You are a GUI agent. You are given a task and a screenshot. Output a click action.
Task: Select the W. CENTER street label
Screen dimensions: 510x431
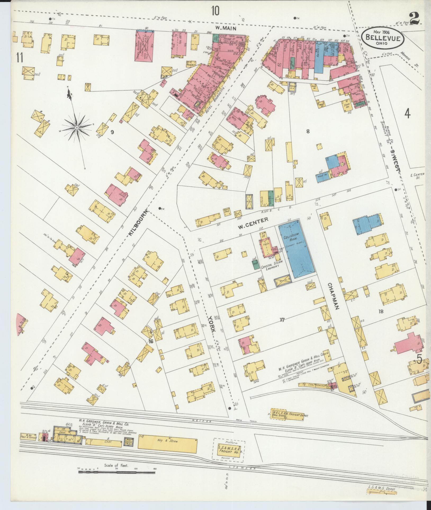pos(253,219)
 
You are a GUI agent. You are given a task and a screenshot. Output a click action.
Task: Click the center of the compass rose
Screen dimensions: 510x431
pos(77,128)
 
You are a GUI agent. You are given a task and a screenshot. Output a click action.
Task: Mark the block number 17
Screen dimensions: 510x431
pos(282,320)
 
